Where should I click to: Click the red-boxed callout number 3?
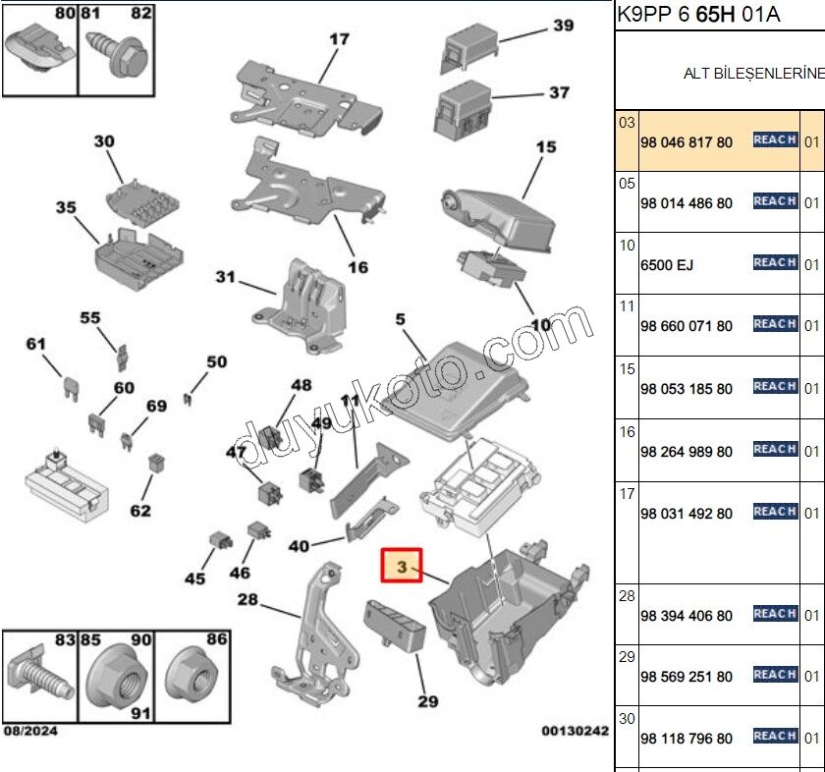click(x=401, y=567)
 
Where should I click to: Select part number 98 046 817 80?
click(x=686, y=142)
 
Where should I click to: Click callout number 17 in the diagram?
click(x=339, y=40)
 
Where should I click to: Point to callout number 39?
click(x=563, y=26)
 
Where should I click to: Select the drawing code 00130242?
click(x=575, y=731)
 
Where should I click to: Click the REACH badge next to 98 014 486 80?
click(x=775, y=201)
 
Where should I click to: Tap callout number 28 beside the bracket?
click(x=247, y=599)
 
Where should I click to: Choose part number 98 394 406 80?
click(x=686, y=616)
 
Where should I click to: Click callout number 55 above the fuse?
click(x=90, y=318)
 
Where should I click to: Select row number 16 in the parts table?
click(x=628, y=432)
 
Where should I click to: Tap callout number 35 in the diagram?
click(x=66, y=207)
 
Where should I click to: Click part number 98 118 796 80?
click(x=686, y=739)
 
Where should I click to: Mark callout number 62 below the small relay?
click(x=140, y=510)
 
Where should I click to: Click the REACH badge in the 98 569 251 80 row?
click(x=775, y=675)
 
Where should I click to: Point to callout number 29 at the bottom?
click(x=427, y=702)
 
